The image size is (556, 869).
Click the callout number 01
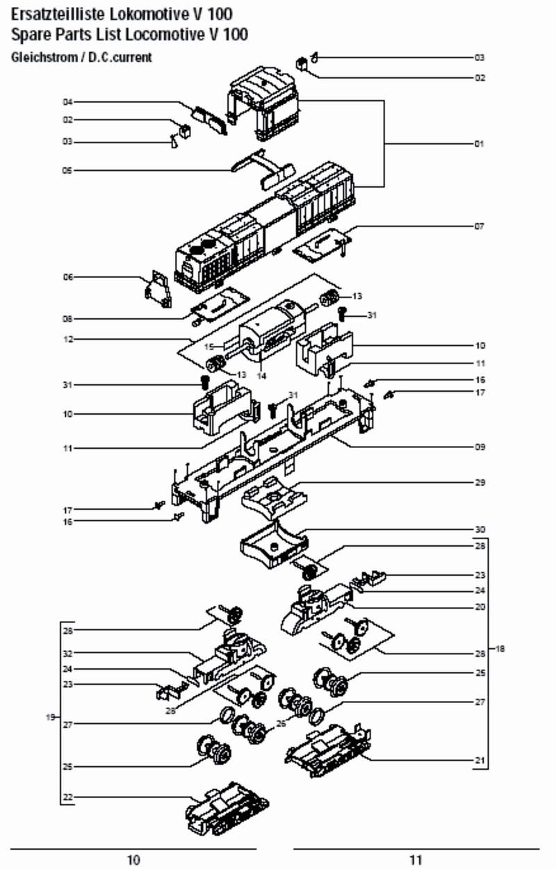pos(479,144)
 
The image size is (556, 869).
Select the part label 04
pos(68,102)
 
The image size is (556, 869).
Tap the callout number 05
pos(68,169)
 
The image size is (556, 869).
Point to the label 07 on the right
pos(479,226)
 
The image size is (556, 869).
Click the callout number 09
pos(479,447)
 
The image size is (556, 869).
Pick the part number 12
pos(68,339)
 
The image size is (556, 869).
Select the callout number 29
pos(479,482)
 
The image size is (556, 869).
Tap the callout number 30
pos(479,529)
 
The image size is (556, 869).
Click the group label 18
pos(500,649)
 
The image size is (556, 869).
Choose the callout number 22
pos(68,796)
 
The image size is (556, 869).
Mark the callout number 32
pos(68,654)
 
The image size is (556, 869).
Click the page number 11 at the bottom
pos(416,860)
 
